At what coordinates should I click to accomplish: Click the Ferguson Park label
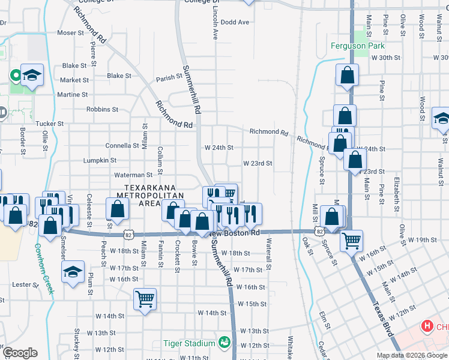(358, 46)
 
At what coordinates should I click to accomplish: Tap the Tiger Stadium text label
(189, 343)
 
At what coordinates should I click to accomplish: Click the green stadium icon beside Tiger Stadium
(224, 343)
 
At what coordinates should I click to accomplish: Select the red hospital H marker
(427, 327)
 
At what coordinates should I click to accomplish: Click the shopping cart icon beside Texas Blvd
(351, 241)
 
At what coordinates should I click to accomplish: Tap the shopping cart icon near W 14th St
(145, 298)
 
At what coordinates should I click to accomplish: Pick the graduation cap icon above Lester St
(73, 272)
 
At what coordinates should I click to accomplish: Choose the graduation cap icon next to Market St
(32, 75)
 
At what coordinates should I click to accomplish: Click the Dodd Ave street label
(235, 22)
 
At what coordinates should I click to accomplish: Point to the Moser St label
(71, 32)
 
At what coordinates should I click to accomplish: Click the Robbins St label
(102, 109)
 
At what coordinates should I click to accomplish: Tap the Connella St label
(122, 145)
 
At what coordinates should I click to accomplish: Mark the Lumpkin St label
(100, 160)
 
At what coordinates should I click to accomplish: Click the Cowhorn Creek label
(44, 268)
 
